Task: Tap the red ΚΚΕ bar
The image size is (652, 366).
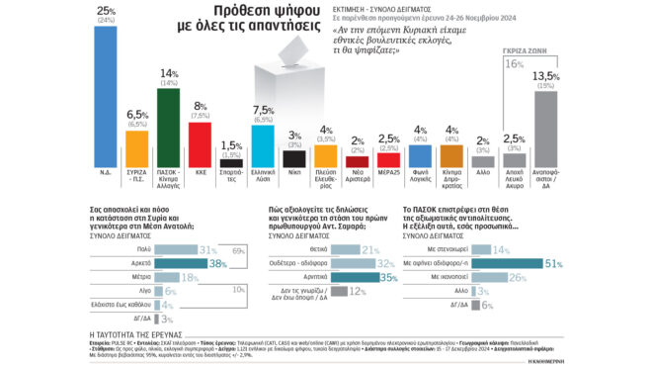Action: tap(200, 142)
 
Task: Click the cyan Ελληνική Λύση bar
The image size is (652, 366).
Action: tap(262, 144)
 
